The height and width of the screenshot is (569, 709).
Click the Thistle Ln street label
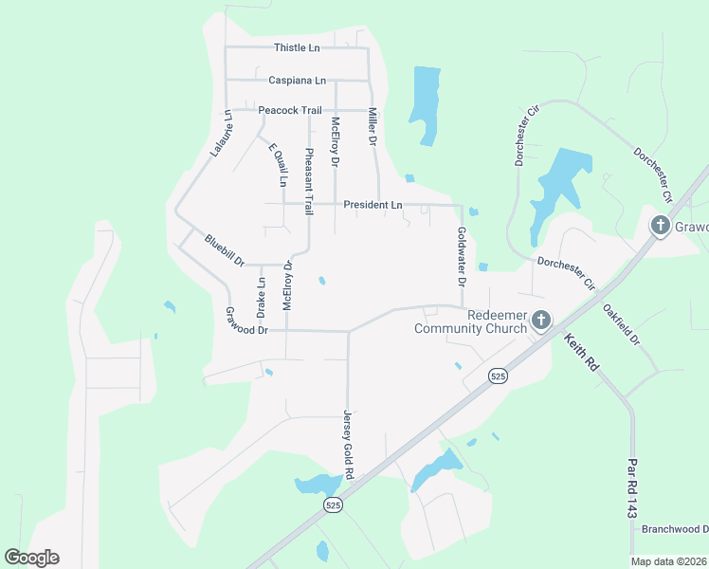coord(297,47)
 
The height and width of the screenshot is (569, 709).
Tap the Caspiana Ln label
coord(297,80)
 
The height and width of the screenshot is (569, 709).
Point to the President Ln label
coord(373,204)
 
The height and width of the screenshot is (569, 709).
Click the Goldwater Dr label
coord(462,256)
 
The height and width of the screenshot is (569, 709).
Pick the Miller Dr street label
coord(373,126)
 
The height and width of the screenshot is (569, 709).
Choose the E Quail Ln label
coord(276,164)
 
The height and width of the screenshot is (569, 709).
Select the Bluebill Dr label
coord(225,249)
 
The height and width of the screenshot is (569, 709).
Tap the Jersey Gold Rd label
coord(348,445)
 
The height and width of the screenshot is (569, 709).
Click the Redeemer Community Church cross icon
coord(540,321)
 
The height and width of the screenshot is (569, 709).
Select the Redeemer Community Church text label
coord(470,321)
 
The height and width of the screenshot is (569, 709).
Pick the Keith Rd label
coord(580,355)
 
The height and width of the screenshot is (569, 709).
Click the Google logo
coord(31,558)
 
